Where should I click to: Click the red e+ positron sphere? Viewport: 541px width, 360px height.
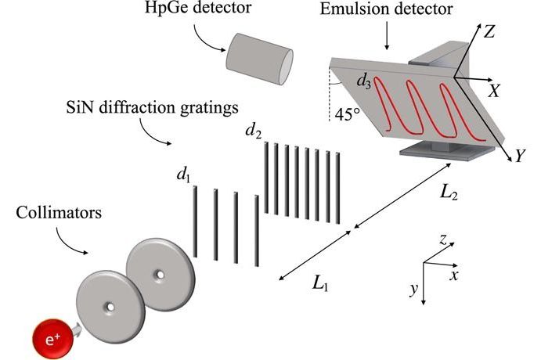click(x=52, y=338)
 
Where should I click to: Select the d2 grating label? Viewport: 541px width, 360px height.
click(x=253, y=131)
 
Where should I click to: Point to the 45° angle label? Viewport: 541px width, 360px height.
click(x=347, y=115)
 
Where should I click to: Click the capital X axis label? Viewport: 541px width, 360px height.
click(x=495, y=92)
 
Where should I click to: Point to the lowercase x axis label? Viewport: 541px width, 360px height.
click(x=454, y=275)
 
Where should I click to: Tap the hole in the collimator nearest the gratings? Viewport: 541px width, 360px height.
click(x=160, y=274)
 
